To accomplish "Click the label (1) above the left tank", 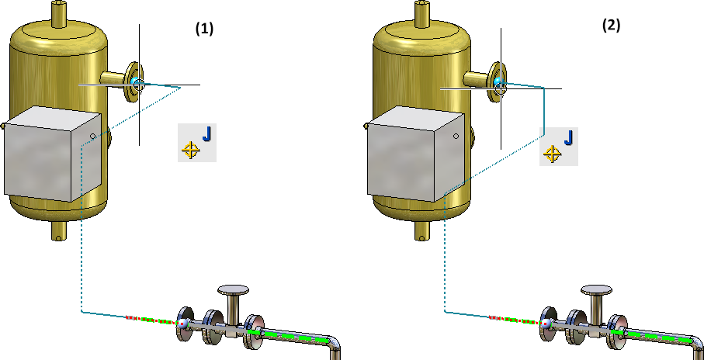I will coord(203,29).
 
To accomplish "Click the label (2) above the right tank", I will coord(611,25).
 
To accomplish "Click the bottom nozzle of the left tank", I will coord(57,230).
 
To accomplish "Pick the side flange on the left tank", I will coord(133,82).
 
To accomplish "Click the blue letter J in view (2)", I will coord(569,138).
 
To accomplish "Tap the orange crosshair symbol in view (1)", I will coord(189,150).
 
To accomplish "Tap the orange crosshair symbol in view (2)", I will coord(552,153).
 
